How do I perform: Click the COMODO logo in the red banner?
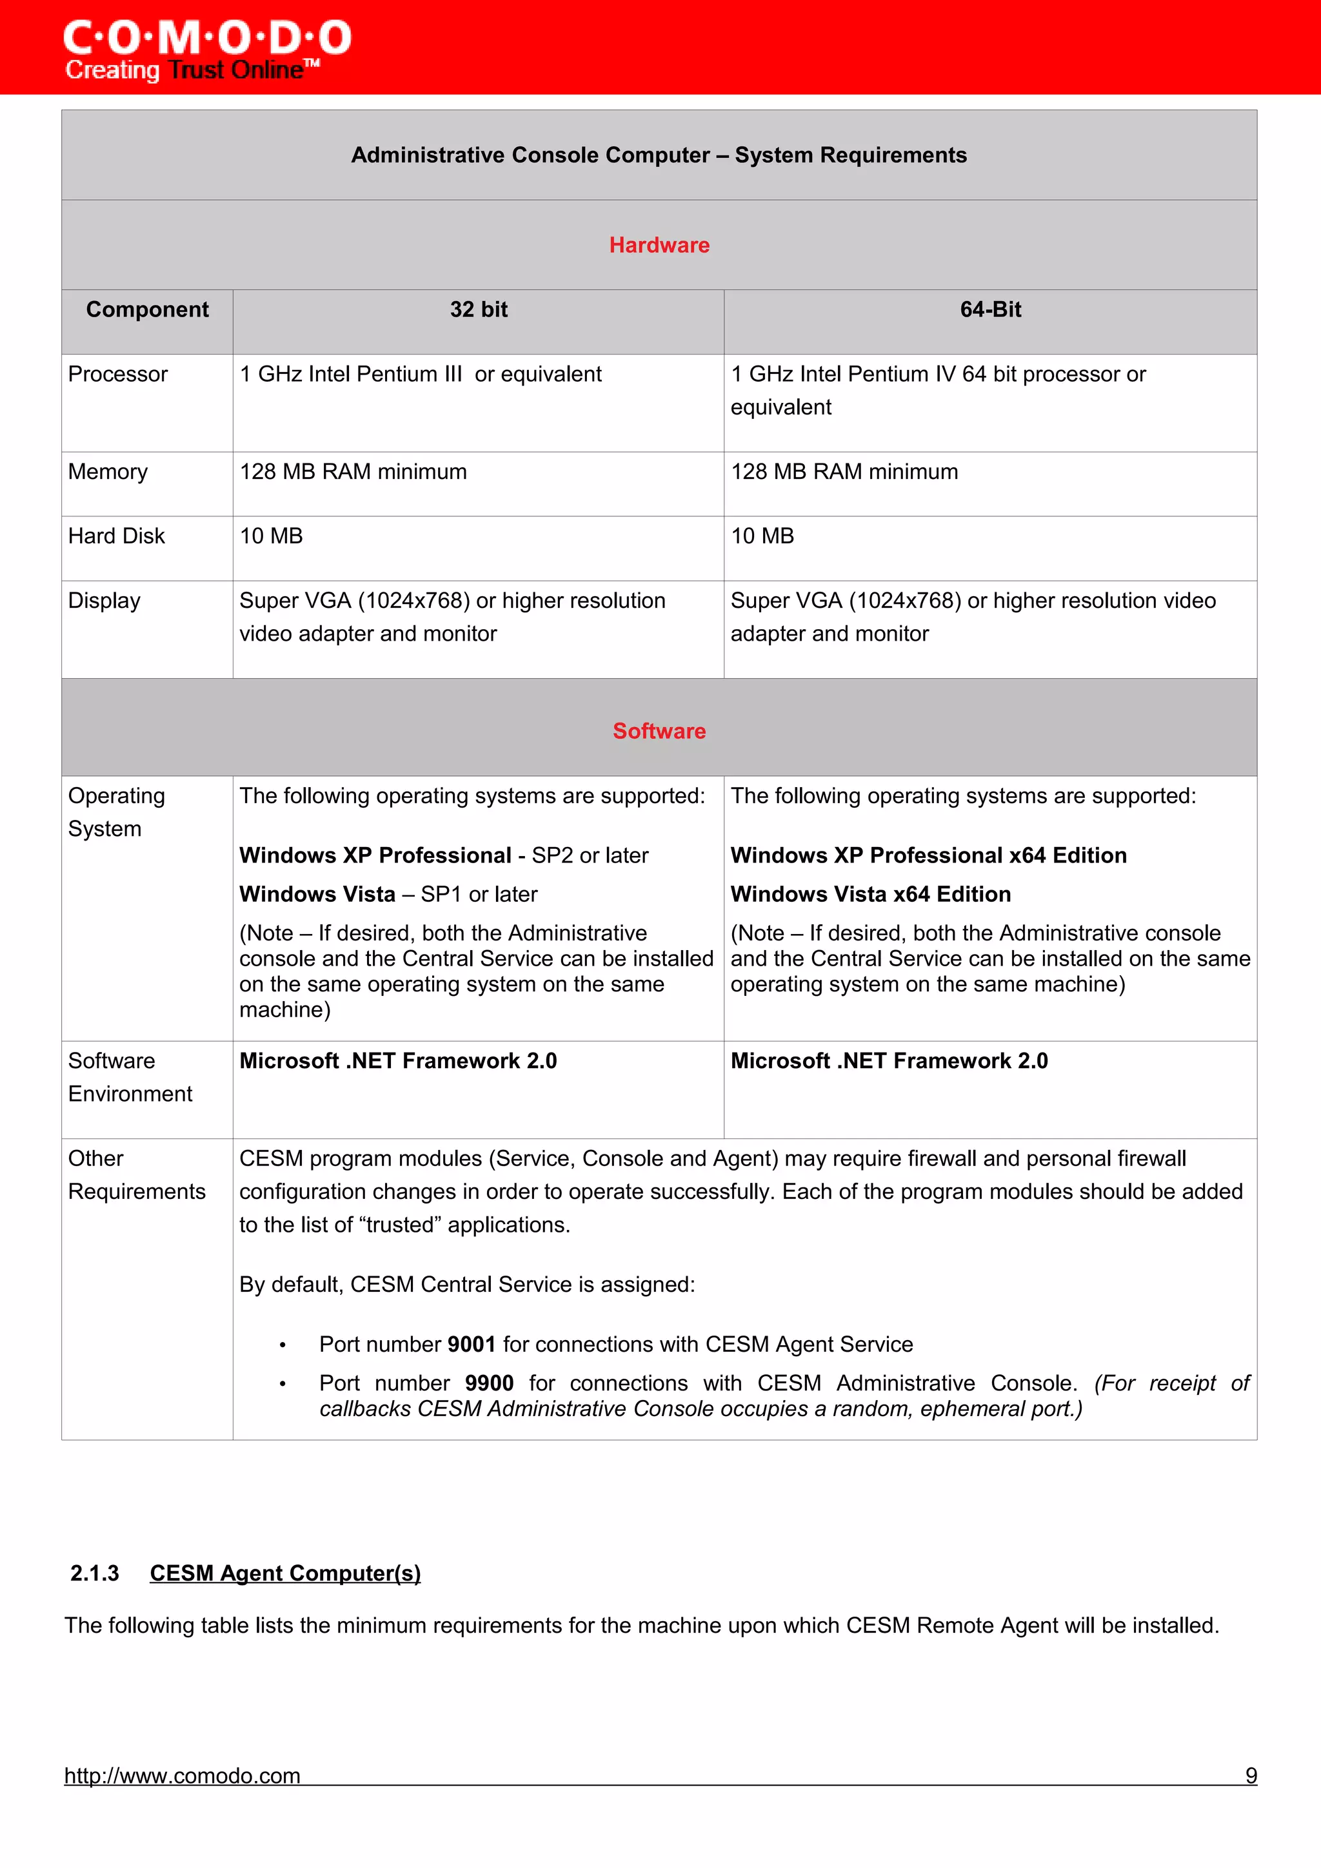click(207, 49)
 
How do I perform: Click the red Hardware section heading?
click(659, 245)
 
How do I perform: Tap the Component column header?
click(147, 309)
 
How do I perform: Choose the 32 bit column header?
click(479, 309)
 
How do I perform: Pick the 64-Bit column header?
click(989, 309)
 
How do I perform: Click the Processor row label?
click(118, 375)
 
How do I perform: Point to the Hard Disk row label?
click(116, 536)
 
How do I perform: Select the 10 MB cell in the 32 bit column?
click(271, 536)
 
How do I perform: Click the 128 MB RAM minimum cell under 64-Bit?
click(844, 472)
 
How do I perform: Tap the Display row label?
click(104, 601)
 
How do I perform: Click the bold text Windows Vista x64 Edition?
click(870, 894)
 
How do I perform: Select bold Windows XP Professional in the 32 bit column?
click(375, 855)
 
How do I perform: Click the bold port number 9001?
click(472, 1344)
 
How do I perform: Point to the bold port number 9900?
click(489, 1383)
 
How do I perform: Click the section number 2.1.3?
click(94, 1573)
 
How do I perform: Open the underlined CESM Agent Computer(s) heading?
click(285, 1573)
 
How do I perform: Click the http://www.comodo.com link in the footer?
click(183, 1775)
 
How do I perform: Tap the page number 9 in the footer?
click(1251, 1775)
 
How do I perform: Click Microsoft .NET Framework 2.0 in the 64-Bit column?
click(889, 1061)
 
